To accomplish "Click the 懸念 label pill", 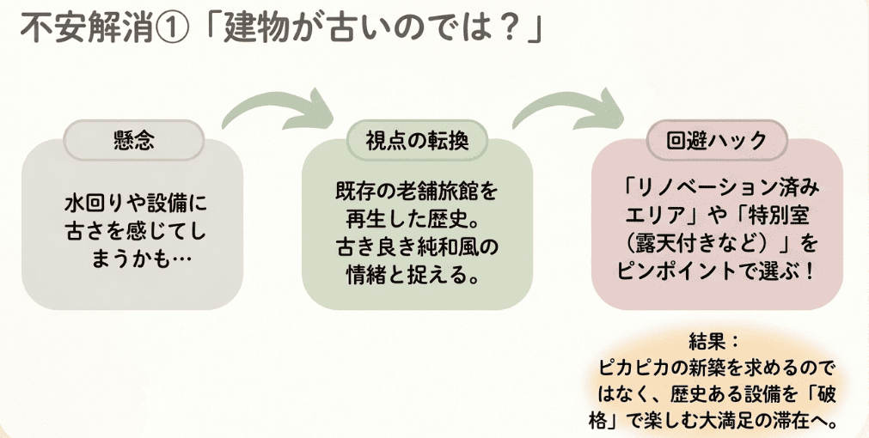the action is point(133,141).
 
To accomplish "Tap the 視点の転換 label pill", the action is point(417,141).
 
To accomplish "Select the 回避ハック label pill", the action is point(717,141).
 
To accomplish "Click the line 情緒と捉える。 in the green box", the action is point(413,275).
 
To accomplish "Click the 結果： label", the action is point(714,342).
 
